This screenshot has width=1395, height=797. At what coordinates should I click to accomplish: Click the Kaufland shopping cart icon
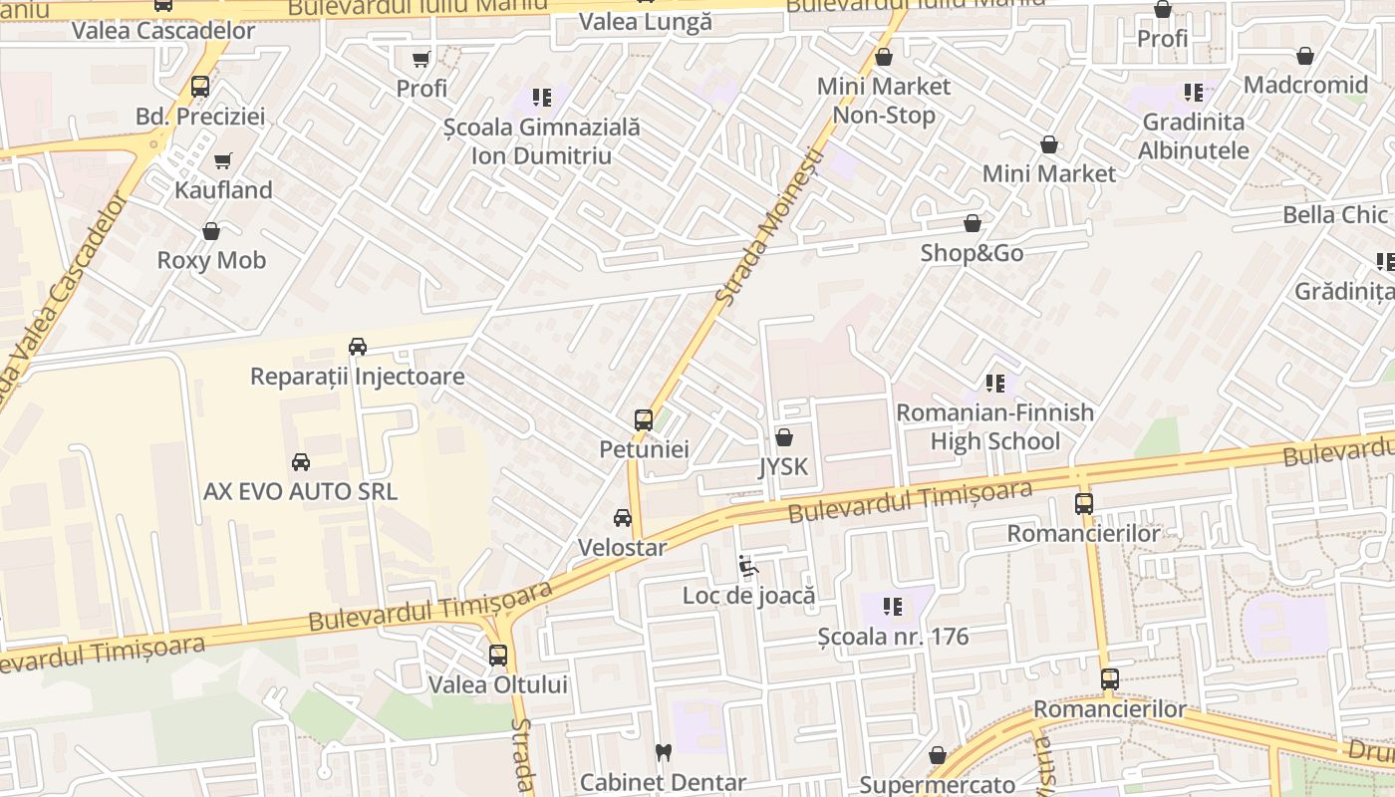(222, 160)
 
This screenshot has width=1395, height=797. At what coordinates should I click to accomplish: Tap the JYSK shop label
(783, 467)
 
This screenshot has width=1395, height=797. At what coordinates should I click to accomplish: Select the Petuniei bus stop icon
(644, 420)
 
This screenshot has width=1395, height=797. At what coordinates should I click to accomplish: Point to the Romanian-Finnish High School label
(994, 426)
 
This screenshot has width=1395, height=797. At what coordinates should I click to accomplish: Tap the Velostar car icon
(623, 518)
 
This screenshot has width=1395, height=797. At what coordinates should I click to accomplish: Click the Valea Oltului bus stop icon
(498, 656)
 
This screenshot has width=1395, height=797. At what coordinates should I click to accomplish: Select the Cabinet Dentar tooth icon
(663, 753)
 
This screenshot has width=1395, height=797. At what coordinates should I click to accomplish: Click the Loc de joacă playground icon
(748, 567)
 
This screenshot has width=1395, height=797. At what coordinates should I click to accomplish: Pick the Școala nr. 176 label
(893, 637)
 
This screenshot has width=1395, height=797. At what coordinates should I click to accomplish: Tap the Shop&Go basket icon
(973, 224)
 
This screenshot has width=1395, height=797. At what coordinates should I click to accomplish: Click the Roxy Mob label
(211, 260)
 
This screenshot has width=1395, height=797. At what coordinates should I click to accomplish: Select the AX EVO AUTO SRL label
(300, 491)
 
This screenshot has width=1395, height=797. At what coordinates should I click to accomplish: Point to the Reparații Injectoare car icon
(357, 347)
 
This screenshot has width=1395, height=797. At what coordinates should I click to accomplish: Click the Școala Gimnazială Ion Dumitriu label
(541, 141)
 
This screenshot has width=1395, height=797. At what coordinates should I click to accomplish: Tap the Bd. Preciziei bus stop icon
(200, 87)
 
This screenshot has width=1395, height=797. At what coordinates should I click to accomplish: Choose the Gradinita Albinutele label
(1194, 136)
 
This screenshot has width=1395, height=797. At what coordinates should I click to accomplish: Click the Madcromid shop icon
(1305, 56)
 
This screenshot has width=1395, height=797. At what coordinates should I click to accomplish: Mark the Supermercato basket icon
(937, 756)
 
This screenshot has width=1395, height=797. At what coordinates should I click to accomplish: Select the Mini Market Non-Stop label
(884, 101)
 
